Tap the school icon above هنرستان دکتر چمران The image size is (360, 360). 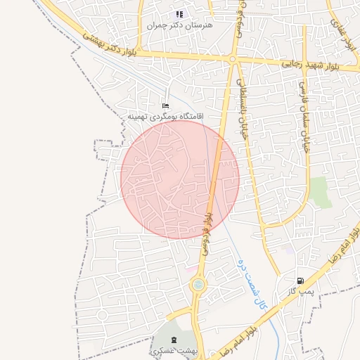[x=180, y=13]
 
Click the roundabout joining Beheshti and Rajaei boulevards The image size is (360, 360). [x=232, y=59]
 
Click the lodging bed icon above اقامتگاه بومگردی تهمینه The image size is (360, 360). [x=165, y=105]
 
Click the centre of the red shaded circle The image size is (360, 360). [x=180, y=179]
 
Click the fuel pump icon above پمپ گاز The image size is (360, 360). [x=301, y=280]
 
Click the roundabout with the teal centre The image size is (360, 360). [x=198, y=285]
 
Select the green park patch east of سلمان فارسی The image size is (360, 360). [x=321, y=192]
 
